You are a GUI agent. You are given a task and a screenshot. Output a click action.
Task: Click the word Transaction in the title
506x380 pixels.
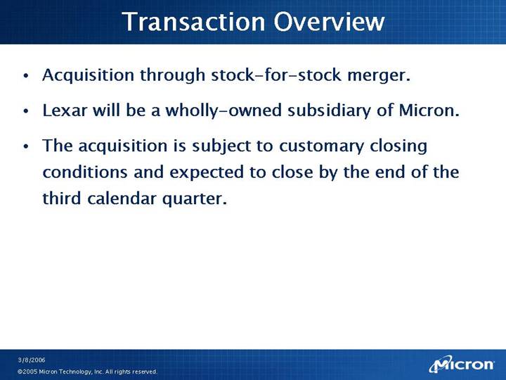tap(194, 21)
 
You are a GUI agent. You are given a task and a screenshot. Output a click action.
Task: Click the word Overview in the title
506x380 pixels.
tap(329, 21)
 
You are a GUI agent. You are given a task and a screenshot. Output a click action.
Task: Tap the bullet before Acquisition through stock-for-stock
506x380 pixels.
tap(26, 76)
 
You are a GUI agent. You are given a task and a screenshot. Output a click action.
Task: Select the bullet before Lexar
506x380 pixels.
tap(26, 111)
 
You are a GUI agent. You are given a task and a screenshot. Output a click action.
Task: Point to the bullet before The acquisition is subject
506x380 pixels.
tap(26, 146)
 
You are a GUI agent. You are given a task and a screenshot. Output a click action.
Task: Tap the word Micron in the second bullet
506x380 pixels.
tap(429, 110)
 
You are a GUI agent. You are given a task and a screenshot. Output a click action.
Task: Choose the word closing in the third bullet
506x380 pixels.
tap(398, 146)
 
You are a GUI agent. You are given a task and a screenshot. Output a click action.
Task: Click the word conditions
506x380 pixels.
tap(85, 172)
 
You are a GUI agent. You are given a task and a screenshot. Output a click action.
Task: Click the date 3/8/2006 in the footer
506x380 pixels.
tap(32, 360)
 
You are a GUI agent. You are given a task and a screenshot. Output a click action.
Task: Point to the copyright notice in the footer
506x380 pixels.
tap(87, 372)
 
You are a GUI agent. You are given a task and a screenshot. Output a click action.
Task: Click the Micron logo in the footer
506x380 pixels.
tap(462, 365)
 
